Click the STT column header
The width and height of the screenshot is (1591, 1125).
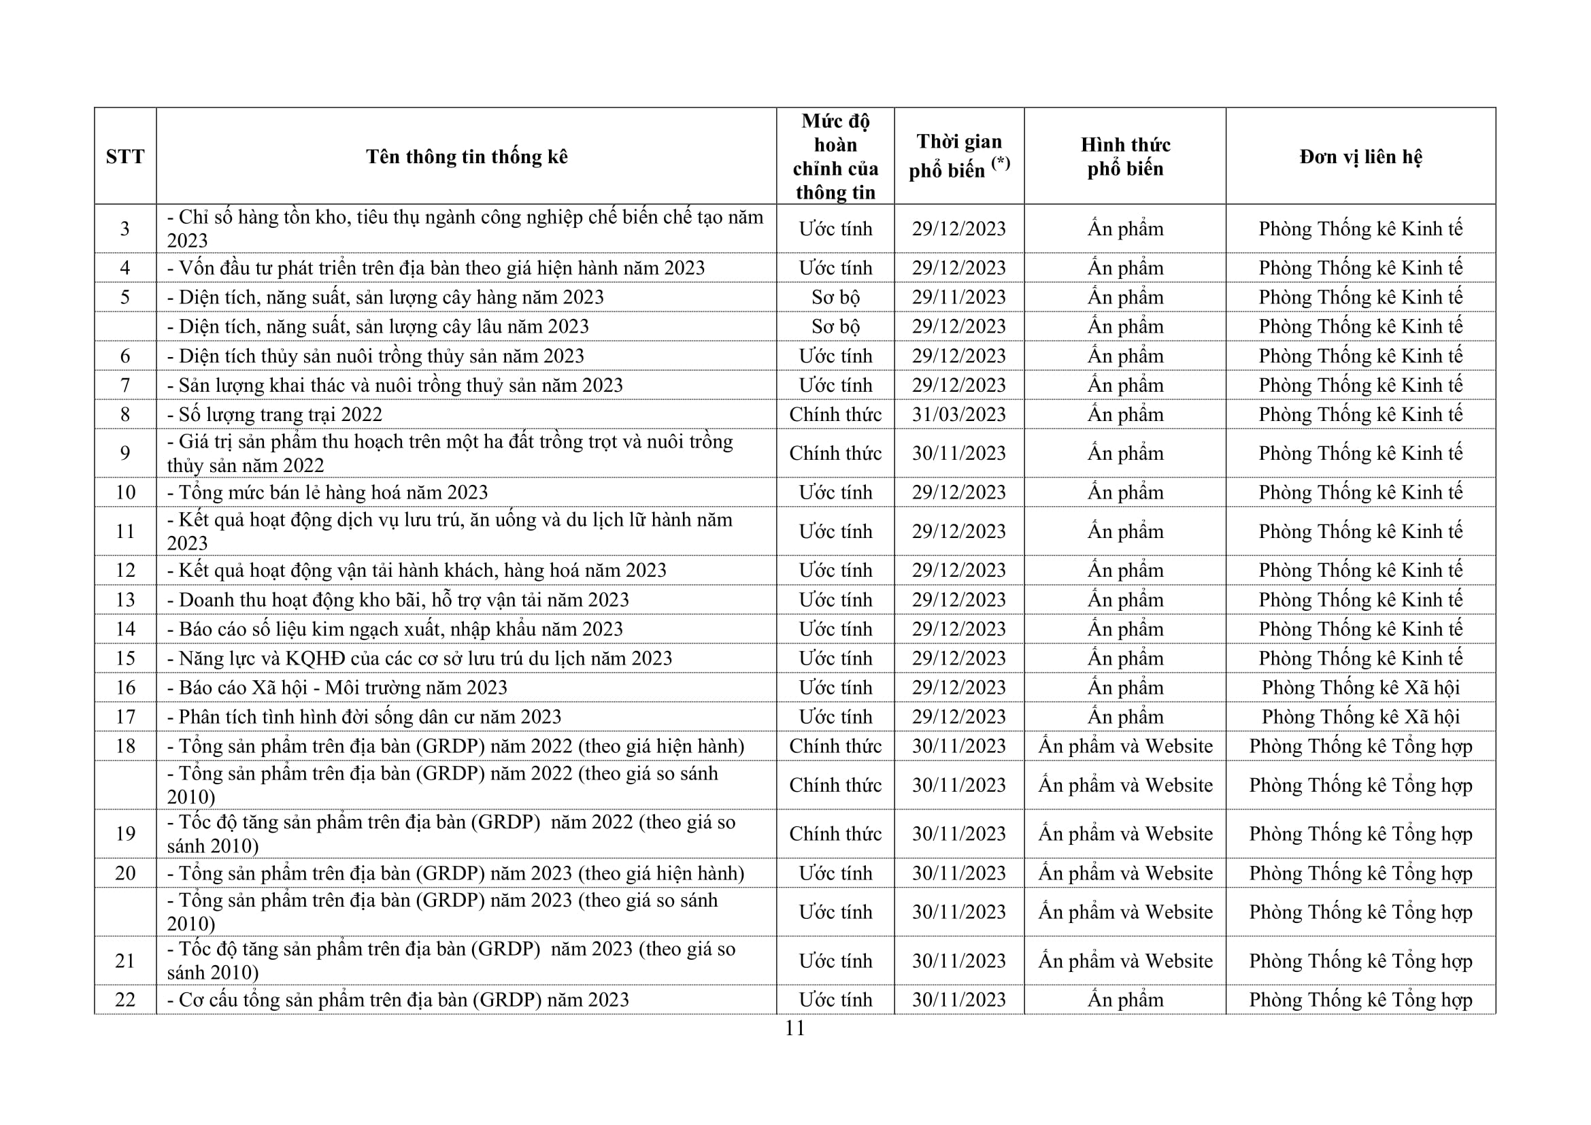pos(124,156)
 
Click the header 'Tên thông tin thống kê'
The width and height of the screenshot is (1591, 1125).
pos(467,156)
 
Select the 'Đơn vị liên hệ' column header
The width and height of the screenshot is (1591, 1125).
pos(1360,156)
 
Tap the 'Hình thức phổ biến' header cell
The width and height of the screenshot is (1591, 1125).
pos(1125,156)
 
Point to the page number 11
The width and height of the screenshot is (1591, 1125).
pos(794,1028)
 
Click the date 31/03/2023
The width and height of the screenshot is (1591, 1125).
pos(958,414)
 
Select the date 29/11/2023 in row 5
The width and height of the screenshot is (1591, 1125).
pos(958,297)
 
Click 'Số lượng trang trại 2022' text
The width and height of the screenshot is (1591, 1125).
pos(281,414)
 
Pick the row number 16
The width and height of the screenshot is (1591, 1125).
pos(124,688)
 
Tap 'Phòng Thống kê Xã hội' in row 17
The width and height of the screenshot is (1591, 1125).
pos(1360,717)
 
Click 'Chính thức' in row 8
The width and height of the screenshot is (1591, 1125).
pos(835,414)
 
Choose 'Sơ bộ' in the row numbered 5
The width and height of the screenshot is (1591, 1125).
pos(835,297)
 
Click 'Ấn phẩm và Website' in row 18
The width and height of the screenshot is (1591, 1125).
pos(1125,746)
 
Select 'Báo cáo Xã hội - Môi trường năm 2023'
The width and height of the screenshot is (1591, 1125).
pos(343,688)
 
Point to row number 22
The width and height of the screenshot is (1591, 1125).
pos(124,1000)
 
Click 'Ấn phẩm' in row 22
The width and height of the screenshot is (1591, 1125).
pos(1125,1000)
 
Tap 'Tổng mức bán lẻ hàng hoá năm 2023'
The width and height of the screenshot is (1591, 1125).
pos(333,492)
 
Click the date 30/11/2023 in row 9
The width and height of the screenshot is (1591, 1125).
pos(958,453)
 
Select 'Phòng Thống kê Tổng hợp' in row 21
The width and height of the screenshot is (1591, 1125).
pos(1360,961)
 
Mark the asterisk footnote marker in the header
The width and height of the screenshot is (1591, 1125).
pos(1001,163)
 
